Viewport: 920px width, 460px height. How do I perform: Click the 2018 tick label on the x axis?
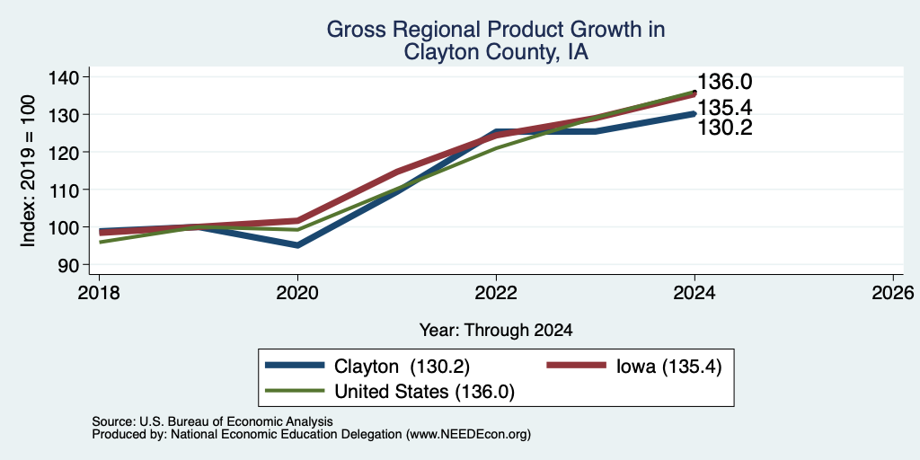(99, 292)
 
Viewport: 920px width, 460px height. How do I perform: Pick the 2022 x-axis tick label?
(496, 292)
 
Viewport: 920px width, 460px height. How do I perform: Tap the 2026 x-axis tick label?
(894, 292)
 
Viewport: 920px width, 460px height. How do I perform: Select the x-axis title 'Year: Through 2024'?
(496, 331)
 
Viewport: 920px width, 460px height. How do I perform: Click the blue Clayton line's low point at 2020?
(298, 245)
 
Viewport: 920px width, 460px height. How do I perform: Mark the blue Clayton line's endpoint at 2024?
(694, 114)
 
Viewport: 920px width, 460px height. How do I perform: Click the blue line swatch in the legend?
(295, 366)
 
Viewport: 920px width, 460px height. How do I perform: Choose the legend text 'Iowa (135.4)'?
(668, 367)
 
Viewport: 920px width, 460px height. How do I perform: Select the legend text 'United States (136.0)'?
(424, 392)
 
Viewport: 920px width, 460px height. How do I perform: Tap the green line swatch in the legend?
(295, 391)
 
